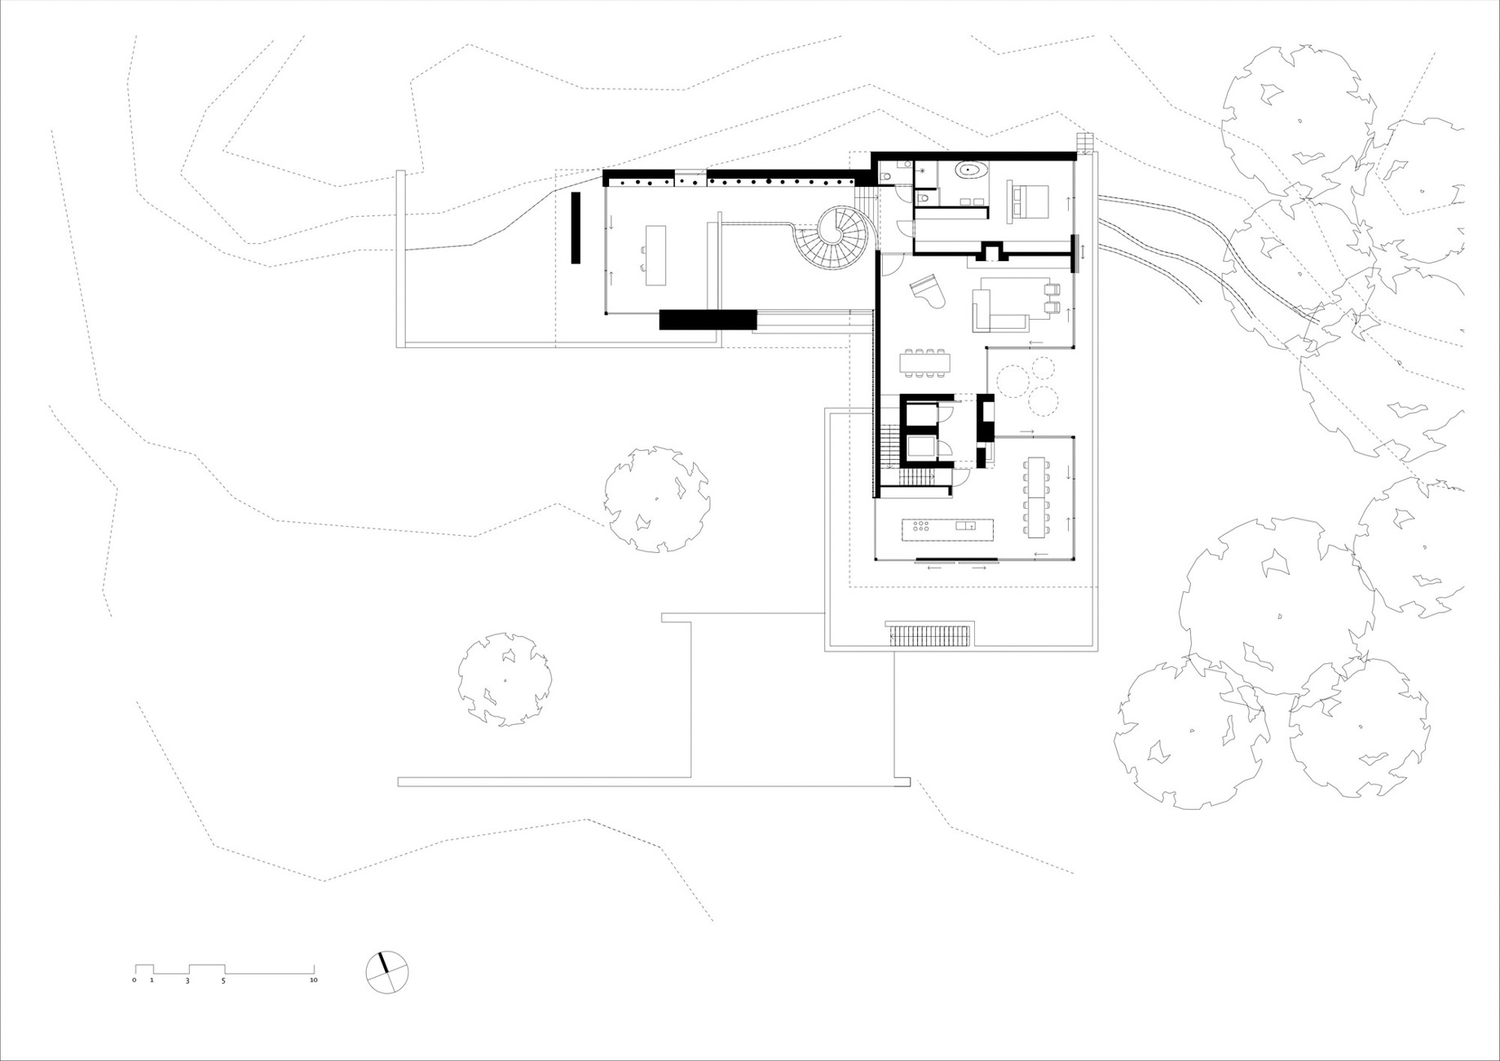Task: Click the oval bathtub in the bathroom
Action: pos(970,171)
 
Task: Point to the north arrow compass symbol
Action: pos(386,972)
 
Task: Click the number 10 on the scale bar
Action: pos(313,980)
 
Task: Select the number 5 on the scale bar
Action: pos(223,980)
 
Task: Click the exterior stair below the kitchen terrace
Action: pos(930,634)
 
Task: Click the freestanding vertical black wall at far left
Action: pos(576,228)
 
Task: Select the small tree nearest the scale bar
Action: pos(505,679)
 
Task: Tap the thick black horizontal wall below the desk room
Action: pos(708,320)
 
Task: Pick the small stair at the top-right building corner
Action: pos(1083,144)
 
